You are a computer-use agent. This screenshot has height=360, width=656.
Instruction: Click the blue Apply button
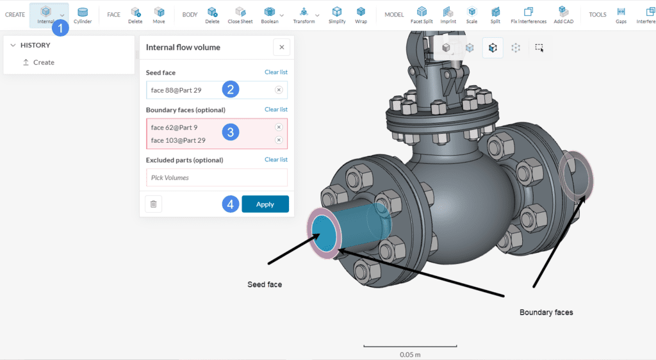(265, 204)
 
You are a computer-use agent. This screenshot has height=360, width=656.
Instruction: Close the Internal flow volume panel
(281, 47)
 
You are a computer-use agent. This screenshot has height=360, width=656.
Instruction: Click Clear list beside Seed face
(275, 72)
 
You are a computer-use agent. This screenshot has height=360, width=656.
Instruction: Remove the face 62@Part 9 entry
(279, 127)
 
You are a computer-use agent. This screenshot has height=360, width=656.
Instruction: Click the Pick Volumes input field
(217, 177)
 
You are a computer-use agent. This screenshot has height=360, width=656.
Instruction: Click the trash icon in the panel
(154, 204)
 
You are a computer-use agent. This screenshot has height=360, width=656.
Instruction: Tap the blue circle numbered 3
(231, 133)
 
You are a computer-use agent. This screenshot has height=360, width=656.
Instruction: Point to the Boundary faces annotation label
(546, 312)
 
